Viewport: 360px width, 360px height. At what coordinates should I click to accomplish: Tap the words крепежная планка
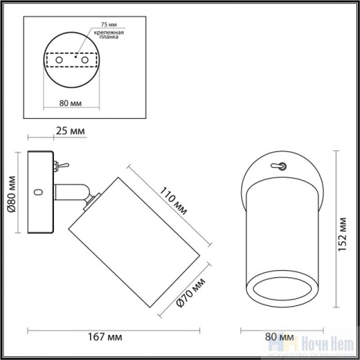(107, 37)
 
